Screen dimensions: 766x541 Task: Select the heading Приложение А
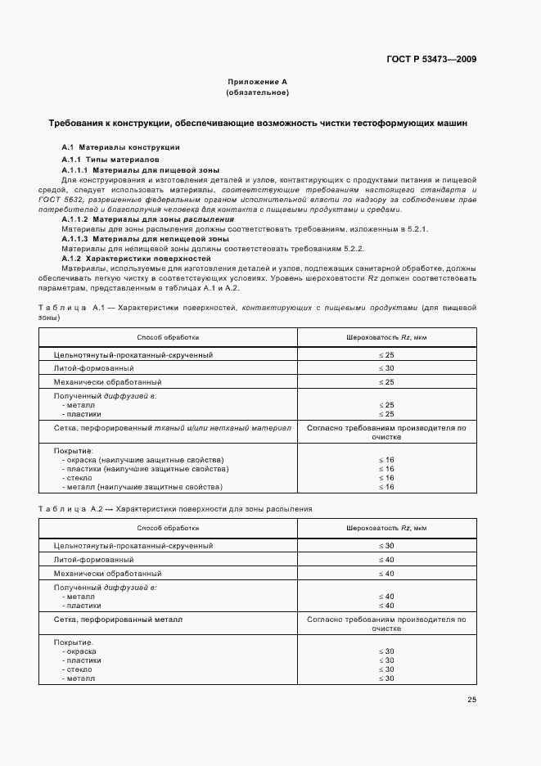coord(257,83)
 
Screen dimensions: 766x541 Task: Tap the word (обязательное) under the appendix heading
coord(257,92)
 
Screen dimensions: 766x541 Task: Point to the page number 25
coord(471,699)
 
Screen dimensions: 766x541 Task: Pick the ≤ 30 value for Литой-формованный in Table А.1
coord(385,368)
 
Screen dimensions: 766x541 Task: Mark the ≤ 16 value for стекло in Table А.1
coord(385,478)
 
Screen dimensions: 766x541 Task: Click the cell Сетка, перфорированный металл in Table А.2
coord(118,620)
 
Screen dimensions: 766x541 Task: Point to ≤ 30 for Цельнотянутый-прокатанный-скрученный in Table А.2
coord(385,545)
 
